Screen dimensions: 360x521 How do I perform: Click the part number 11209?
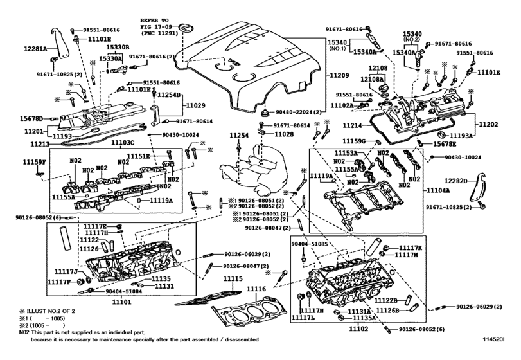click(339, 75)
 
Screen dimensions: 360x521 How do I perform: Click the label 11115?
click(233, 278)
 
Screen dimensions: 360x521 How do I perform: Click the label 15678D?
click(31, 118)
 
